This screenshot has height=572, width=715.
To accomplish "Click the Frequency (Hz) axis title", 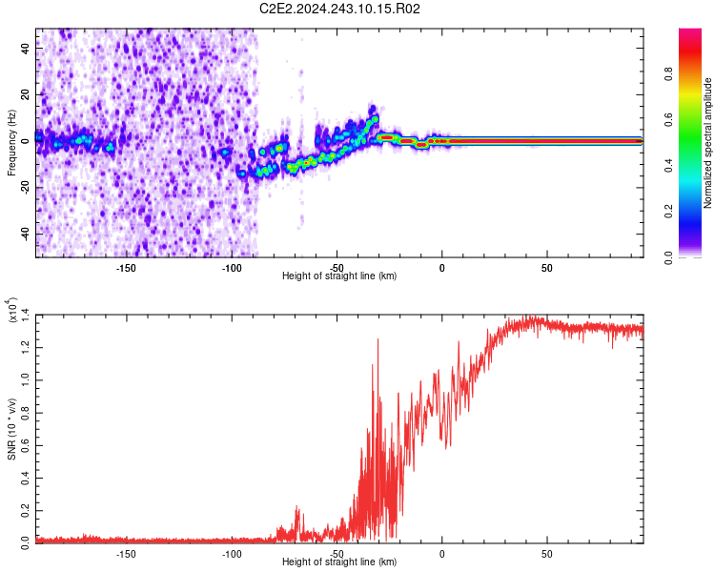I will (11, 143).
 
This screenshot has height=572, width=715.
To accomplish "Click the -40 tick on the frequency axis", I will (27, 234).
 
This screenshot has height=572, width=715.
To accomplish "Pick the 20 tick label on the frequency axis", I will (27, 95).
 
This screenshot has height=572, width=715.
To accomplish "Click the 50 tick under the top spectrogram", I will (547, 268).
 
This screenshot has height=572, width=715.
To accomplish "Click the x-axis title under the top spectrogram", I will (339, 276).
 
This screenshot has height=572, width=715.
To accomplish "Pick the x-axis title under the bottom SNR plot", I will (339, 562).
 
